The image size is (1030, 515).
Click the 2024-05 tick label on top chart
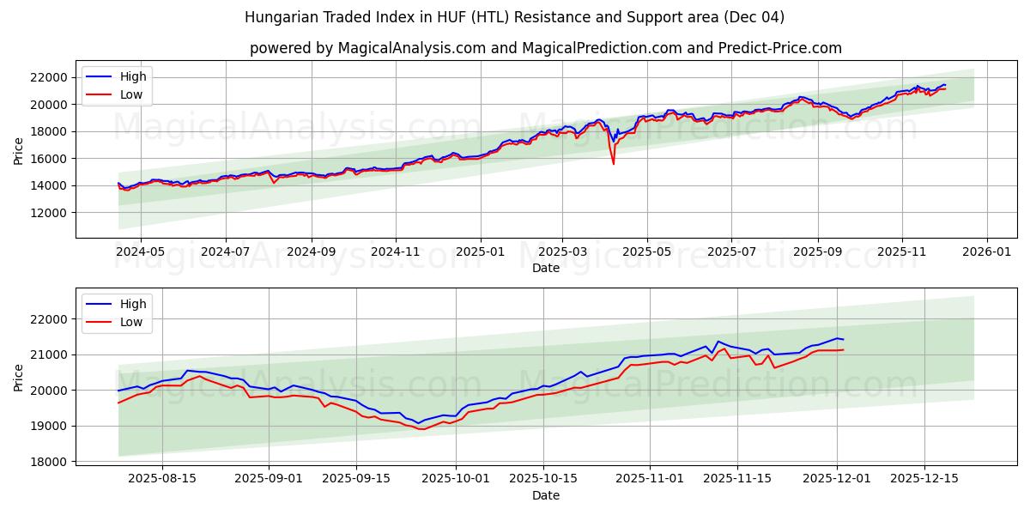pyautogui.click(x=140, y=252)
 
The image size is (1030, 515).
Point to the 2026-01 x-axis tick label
pyautogui.click(x=986, y=252)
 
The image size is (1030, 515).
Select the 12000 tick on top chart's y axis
pyautogui.click(x=48, y=213)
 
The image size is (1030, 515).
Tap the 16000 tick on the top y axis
pyautogui.click(x=48, y=159)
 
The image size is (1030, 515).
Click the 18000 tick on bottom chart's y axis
pyautogui.click(x=48, y=462)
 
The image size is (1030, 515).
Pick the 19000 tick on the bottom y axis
pyautogui.click(x=48, y=426)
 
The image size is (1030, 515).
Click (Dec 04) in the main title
pyautogui.click(x=753, y=17)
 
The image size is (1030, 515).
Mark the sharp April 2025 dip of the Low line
pyautogui.click(x=613, y=163)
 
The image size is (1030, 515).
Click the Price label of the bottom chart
pyautogui.click(x=19, y=377)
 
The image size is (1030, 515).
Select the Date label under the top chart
pyautogui.click(x=545, y=268)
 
